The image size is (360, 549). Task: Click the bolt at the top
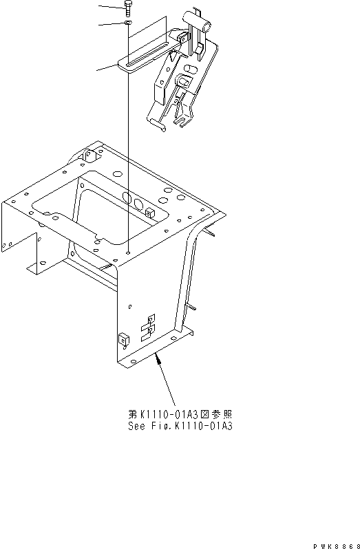127,8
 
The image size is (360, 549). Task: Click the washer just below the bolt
128,23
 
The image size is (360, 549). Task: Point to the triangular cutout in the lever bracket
172,56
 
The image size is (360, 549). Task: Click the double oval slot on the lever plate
191,69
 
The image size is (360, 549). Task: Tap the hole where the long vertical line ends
129,252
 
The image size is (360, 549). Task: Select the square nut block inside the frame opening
149,213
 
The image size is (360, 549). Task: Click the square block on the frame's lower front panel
124,340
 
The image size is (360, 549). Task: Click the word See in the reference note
135,426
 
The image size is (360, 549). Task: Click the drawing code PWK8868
337,546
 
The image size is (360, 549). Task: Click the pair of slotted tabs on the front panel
148,327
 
